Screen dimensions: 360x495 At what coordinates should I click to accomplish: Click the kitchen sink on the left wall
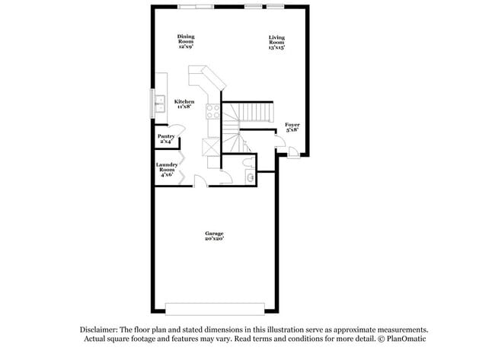[160, 104]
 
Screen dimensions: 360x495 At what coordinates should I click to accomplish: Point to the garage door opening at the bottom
[214, 308]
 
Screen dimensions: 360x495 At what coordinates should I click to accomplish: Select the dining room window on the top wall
[196, 8]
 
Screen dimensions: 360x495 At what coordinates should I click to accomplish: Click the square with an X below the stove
[211, 147]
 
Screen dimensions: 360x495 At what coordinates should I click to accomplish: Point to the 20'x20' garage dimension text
[214, 240]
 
